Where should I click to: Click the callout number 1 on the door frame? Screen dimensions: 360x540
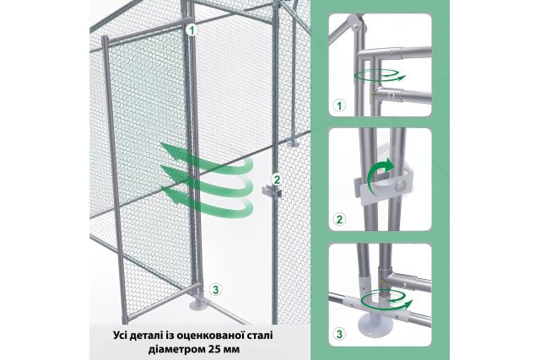(x=192, y=29)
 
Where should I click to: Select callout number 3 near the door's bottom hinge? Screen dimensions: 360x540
(x=216, y=289)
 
